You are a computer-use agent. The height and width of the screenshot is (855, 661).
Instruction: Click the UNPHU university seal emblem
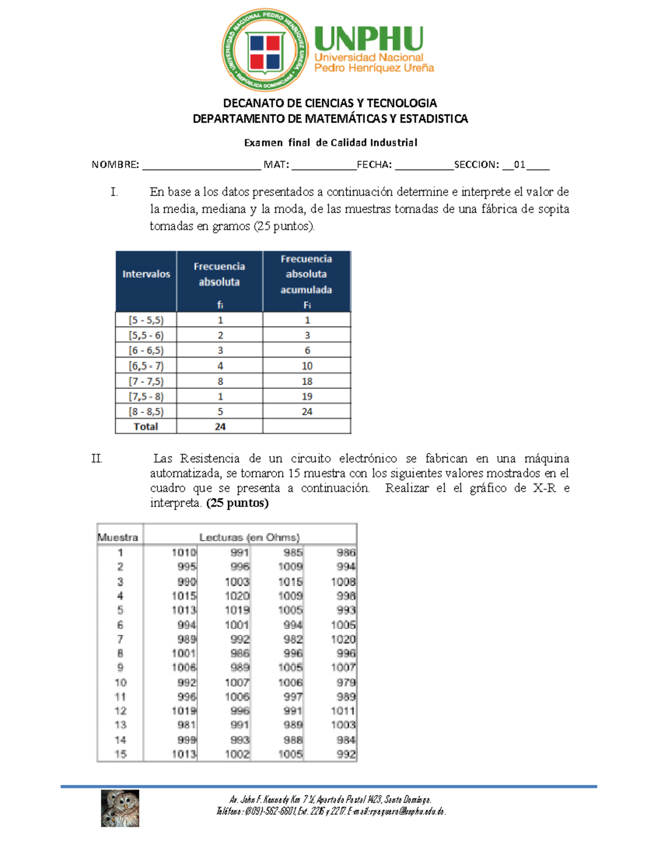265,50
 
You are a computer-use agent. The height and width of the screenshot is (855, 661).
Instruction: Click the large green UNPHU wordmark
369,39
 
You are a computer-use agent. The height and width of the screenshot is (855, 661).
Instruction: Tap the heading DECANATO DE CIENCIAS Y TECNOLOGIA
330,103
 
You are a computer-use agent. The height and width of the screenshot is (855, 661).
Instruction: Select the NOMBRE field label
115,165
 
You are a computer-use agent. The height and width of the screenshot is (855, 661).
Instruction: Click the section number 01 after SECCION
519,165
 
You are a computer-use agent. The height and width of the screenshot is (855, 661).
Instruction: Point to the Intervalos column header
146,274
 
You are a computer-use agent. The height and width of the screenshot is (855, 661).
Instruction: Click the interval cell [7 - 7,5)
146,381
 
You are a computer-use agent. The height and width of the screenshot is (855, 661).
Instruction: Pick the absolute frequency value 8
220,381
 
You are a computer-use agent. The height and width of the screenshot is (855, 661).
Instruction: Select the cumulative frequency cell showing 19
307,396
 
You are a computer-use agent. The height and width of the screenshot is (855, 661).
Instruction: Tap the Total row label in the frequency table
145,427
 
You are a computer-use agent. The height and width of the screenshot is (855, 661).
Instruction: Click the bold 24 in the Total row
220,427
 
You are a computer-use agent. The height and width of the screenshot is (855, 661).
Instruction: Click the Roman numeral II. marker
97,459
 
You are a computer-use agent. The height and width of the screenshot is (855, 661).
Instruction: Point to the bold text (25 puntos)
237,503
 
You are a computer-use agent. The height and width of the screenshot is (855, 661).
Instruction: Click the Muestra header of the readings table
118,537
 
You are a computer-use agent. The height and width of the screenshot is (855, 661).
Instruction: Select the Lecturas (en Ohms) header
250,537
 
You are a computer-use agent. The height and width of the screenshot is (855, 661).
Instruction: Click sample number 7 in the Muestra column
120,639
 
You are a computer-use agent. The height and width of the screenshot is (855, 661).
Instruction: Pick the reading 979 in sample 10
346,682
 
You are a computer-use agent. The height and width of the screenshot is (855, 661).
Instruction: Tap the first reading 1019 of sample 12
184,711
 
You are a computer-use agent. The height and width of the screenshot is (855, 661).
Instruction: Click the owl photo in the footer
120,808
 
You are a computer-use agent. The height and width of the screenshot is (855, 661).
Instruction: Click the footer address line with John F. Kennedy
330,799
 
